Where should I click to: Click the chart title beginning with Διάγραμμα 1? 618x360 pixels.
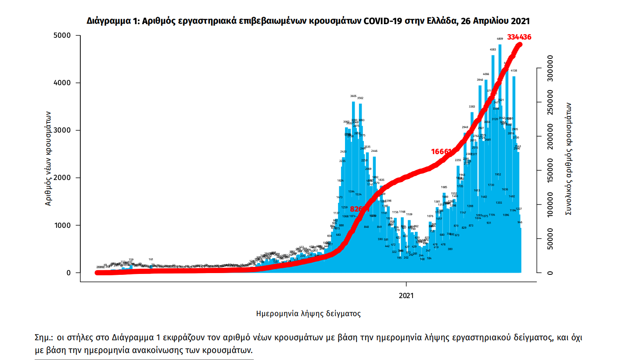[x=308, y=21]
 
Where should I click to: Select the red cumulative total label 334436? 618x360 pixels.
[x=519, y=37]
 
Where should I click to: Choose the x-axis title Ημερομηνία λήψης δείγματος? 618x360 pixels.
[x=308, y=313]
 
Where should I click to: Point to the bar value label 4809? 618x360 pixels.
[x=499, y=40]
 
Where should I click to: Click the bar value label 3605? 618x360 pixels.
[x=353, y=96]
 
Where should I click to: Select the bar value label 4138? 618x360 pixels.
[x=514, y=71]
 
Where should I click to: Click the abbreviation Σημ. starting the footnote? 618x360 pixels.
[x=43, y=338]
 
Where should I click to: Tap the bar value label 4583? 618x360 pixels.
[x=493, y=50]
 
